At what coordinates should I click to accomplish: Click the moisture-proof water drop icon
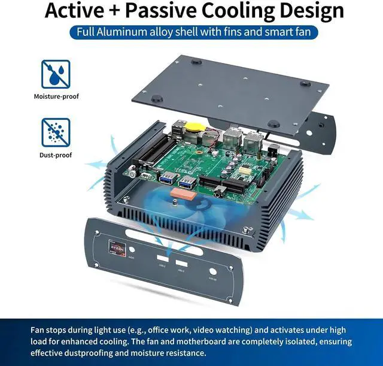click(x=55, y=73)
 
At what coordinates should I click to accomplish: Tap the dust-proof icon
click(x=55, y=132)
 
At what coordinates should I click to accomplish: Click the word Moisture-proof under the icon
click(x=56, y=96)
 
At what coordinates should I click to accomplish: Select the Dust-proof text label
click(x=56, y=155)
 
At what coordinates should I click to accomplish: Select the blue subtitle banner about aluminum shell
click(x=191, y=32)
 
